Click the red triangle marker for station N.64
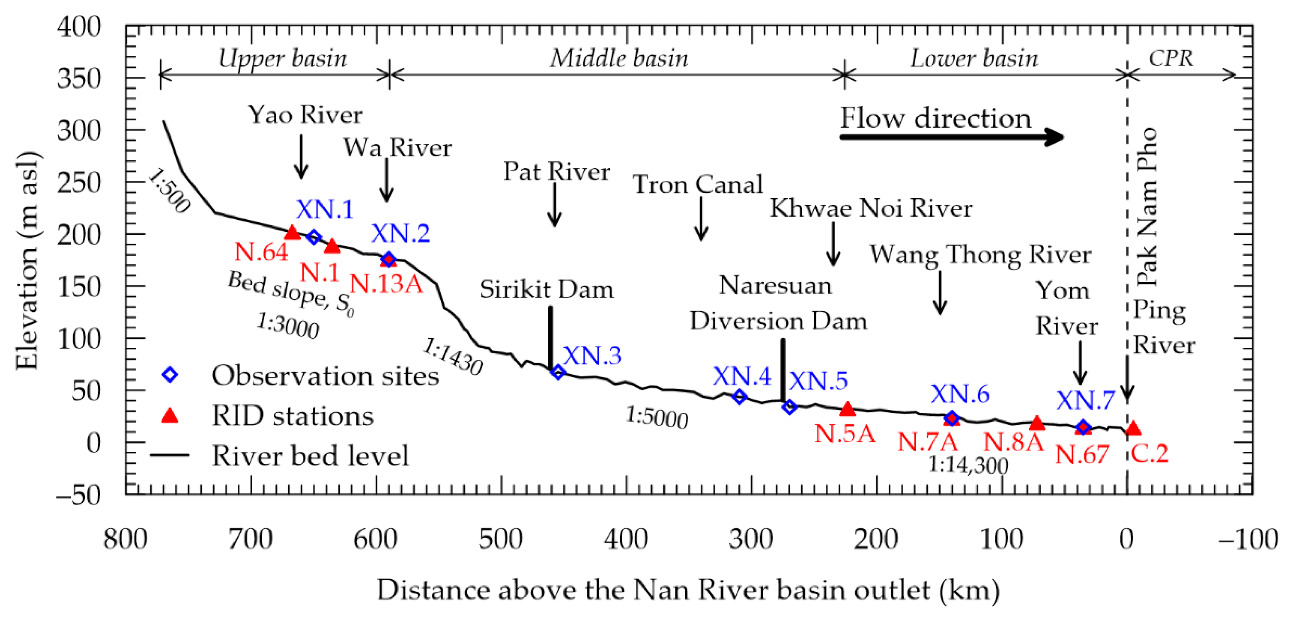pos(292,233)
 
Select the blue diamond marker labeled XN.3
pos(558,372)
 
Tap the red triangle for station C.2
pos(1133,428)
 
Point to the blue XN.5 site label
pos(818,381)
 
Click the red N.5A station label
pos(845,434)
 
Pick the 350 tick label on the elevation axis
pos(79,79)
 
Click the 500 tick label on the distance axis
pos(500,540)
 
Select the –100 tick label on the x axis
pos(1248,540)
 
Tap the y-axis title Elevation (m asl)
pos(27,260)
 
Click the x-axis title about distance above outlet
pos(688,590)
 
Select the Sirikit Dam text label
pos(547,289)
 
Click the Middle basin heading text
pos(619,58)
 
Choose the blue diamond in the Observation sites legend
pos(170,375)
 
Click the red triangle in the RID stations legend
pos(170,416)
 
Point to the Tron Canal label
pos(698,184)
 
